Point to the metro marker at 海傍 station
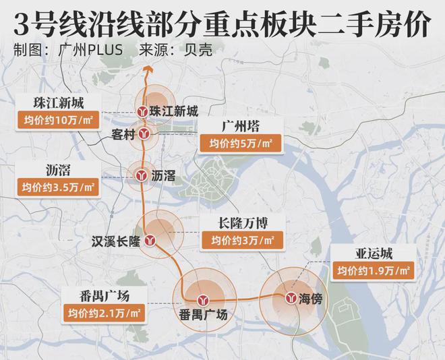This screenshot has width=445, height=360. [x=291, y=297]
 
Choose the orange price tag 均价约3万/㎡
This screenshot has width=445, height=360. [x=241, y=240]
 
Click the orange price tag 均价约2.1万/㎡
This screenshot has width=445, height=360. [x=104, y=313]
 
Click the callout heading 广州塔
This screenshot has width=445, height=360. [x=241, y=127]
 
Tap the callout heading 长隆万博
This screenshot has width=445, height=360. [x=241, y=222]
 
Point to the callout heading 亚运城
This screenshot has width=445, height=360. [x=374, y=254]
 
